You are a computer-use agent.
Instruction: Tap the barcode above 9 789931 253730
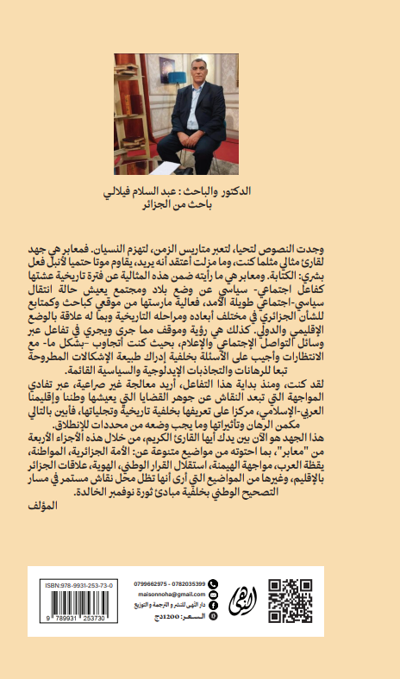point(78,606)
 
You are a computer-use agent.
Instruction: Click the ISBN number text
point(78,584)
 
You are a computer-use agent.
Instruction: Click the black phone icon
point(214,583)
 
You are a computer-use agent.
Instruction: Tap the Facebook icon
point(214,606)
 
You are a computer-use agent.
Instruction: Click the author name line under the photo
point(200,189)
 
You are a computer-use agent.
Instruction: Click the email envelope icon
point(214,595)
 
